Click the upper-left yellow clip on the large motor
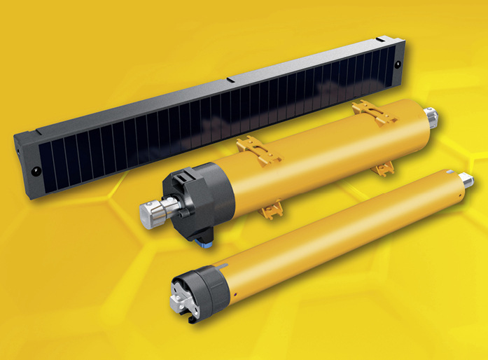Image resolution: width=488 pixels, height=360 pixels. (x=250, y=146)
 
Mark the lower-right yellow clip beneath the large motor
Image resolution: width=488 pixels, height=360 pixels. (x=382, y=168)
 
